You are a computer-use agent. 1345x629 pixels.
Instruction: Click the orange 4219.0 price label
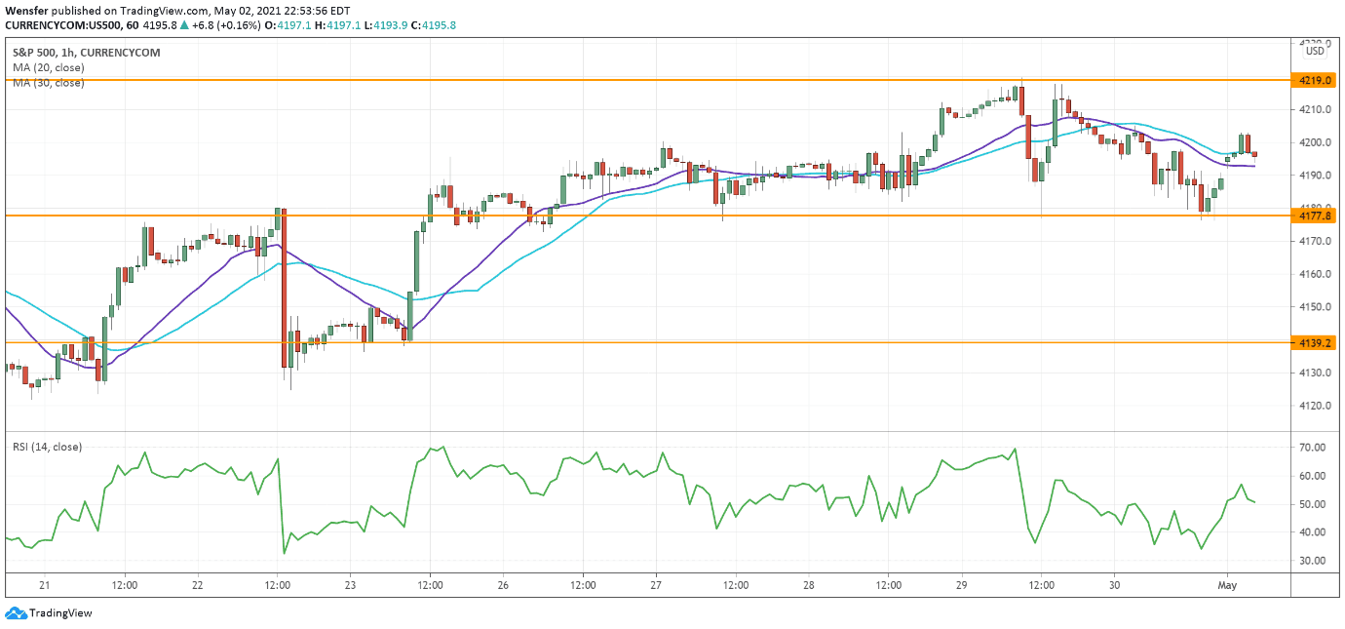coord(1309,80)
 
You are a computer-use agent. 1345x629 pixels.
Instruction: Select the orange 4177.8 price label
coord(1309,215)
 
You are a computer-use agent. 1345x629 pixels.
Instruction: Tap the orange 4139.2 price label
coord(1309,342)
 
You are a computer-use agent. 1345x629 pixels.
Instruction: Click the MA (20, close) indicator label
coord(49,68)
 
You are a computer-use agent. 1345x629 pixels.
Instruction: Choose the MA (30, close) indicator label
coord(49,83)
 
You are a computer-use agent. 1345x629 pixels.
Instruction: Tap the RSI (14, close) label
coord(47,447)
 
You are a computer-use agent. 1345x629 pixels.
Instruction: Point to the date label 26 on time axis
coord(503,585)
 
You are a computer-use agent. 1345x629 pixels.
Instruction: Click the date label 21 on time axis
coord(45,585)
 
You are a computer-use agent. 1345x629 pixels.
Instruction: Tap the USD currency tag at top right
coord(1315,51)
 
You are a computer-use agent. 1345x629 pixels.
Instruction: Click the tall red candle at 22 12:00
coord(284,293)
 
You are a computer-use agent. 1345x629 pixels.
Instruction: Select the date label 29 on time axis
coord(961,585)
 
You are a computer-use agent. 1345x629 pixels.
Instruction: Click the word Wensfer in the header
coord(26,10)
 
